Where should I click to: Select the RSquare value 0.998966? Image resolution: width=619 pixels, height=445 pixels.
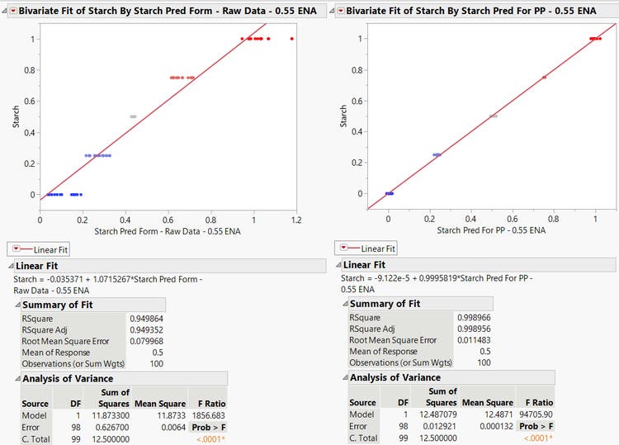474,317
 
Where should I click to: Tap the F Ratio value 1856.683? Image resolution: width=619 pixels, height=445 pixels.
208,414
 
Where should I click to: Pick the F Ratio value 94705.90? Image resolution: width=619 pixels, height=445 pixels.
536,414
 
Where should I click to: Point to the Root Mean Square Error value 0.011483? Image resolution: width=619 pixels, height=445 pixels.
474,340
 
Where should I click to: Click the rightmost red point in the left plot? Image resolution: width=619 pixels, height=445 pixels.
292,39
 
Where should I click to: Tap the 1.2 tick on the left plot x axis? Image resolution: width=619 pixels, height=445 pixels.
295,220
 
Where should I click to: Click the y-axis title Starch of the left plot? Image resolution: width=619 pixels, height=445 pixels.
16,116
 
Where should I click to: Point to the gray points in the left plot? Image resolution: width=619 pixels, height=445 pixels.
133,116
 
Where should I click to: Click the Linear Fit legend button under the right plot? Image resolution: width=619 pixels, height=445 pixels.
366,248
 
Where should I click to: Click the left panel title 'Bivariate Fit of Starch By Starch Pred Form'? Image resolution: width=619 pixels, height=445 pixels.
120,11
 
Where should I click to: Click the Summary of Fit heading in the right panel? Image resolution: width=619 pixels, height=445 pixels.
385,304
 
